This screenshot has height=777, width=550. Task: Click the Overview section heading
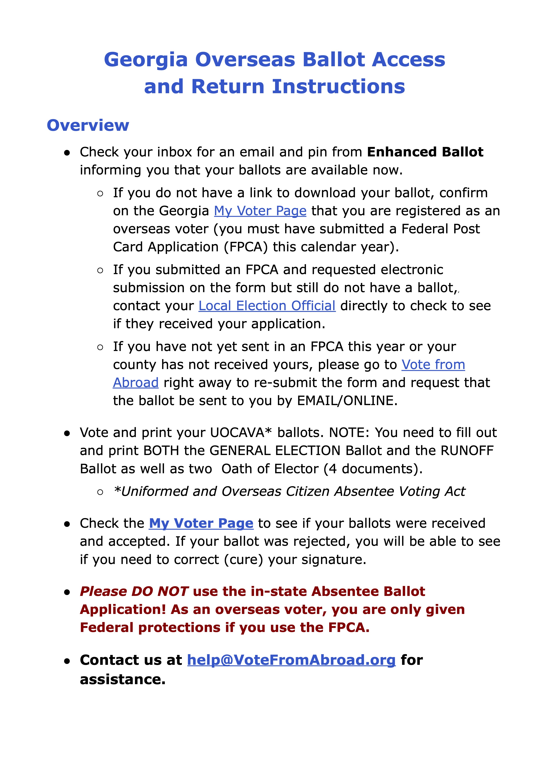point(88,125)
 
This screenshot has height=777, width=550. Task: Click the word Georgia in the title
point(146,60)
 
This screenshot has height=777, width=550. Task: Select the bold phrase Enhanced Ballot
point(425,152)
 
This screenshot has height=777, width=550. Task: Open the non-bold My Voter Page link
point(260,211)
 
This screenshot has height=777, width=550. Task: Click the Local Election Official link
point(267,306)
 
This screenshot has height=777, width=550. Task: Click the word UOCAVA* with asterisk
point(241,433)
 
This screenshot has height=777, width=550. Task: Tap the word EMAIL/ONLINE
point(347,401)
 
